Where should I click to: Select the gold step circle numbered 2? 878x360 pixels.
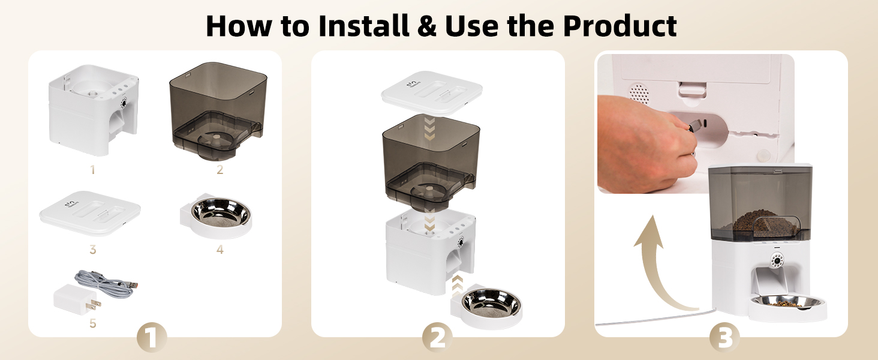coord(437,338)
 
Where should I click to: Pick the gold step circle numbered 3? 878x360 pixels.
coord(724,338)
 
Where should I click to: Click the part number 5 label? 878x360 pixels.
coord(92,324)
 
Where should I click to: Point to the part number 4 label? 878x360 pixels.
coord(220,250)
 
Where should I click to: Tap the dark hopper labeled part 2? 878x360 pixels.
coord(217,110)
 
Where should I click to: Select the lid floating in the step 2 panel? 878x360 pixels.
coord(432,93)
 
